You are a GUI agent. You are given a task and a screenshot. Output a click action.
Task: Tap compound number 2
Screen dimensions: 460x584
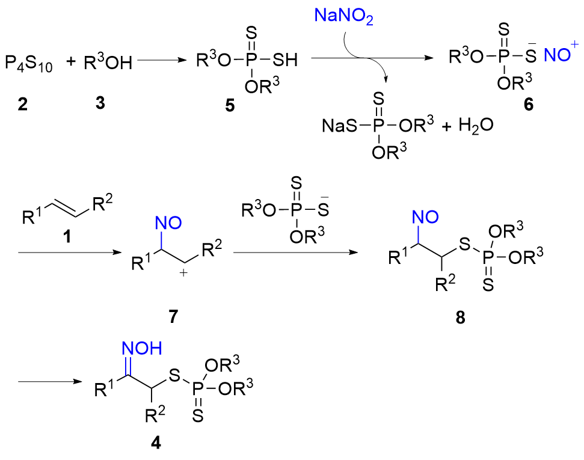(22, 103)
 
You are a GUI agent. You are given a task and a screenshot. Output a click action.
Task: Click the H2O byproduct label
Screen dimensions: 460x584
(475, 126)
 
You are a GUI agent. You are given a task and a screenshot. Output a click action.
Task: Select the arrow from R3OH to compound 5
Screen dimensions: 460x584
(164, 60)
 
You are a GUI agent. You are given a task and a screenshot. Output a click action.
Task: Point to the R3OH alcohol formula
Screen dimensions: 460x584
(108, 61)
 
